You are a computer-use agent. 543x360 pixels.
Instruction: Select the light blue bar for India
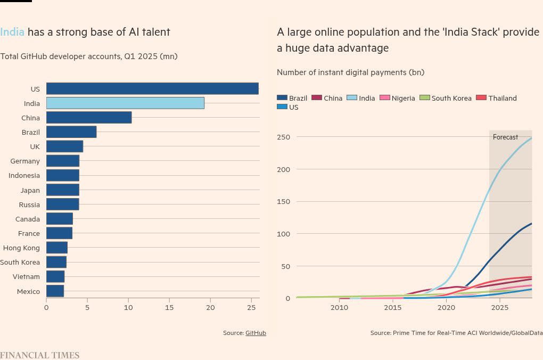point(125,103)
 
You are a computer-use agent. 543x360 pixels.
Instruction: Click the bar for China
point(89,117)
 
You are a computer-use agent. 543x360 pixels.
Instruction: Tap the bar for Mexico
point(55,291)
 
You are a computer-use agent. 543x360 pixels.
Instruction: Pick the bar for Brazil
point(71,132)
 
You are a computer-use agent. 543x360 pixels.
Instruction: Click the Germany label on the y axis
point(25,161)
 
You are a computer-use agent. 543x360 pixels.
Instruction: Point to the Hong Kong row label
point(21,248)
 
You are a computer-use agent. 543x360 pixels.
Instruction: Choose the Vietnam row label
point(27,276)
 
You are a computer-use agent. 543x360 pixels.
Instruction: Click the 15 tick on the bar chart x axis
point(169,307)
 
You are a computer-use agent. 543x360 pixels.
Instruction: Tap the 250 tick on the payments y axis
point(283,137)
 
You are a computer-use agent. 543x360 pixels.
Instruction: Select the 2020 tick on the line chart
point(446,307)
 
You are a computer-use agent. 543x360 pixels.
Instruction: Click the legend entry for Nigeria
point(403,98)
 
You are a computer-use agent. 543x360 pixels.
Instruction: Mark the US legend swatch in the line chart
point(282,107)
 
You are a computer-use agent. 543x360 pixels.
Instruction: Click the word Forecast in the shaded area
point(505,137)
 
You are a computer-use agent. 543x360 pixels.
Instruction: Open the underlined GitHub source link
point(256,333)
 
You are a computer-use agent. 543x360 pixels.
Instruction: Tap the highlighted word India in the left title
point(12,32)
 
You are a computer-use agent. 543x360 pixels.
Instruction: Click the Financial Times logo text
point(39,355)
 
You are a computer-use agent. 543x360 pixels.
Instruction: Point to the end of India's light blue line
point(531,138)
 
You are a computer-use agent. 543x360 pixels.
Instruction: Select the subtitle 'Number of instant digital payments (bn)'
point(350,72)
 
